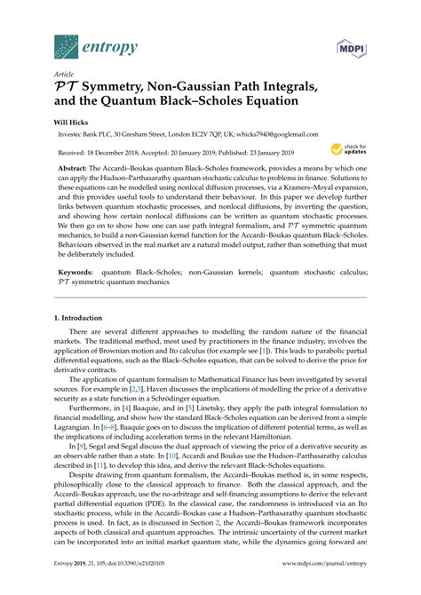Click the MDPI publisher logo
coord(353,44)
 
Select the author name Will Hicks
coord(75,125)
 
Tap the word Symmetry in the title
coord(119,87)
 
